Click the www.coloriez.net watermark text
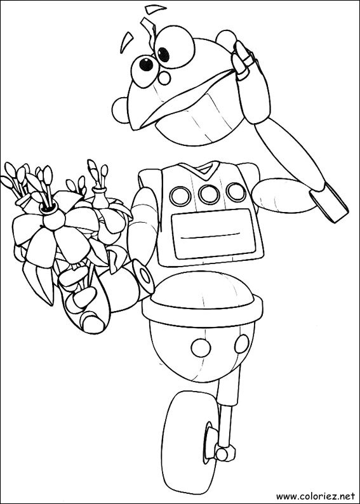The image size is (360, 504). (x=316, y=492)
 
